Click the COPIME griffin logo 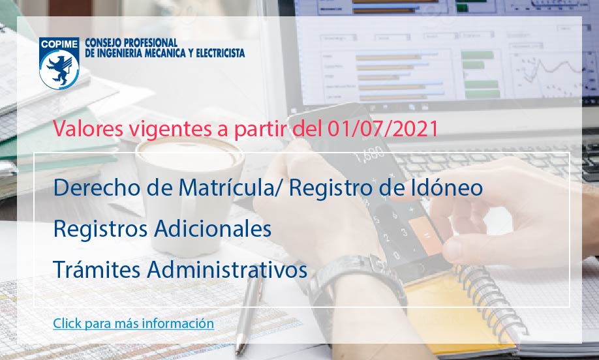59,63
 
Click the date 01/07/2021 383,128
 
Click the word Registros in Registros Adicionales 100,229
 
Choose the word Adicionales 213,229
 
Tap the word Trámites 97,269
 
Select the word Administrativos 227,269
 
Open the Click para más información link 133,323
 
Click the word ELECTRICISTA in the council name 221,53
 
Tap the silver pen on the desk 248,313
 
